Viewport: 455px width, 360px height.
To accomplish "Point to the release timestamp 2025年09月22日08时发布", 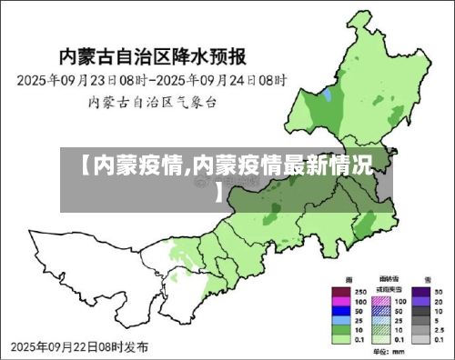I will click(x=82, y=346).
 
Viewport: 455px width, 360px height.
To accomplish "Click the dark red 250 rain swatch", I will click(x=340, y=293).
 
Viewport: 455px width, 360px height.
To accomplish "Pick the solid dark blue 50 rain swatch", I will click(x=340, y=312).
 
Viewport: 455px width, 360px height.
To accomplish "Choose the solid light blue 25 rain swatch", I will click(x=340, y=321).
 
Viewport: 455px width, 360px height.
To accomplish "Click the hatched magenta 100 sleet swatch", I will click(x=382, y=302).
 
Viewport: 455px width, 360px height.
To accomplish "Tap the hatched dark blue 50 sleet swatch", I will click(x=382, y=311).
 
